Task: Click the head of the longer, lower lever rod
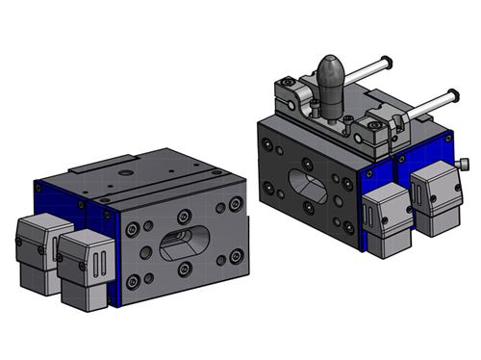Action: coord(450,96)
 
